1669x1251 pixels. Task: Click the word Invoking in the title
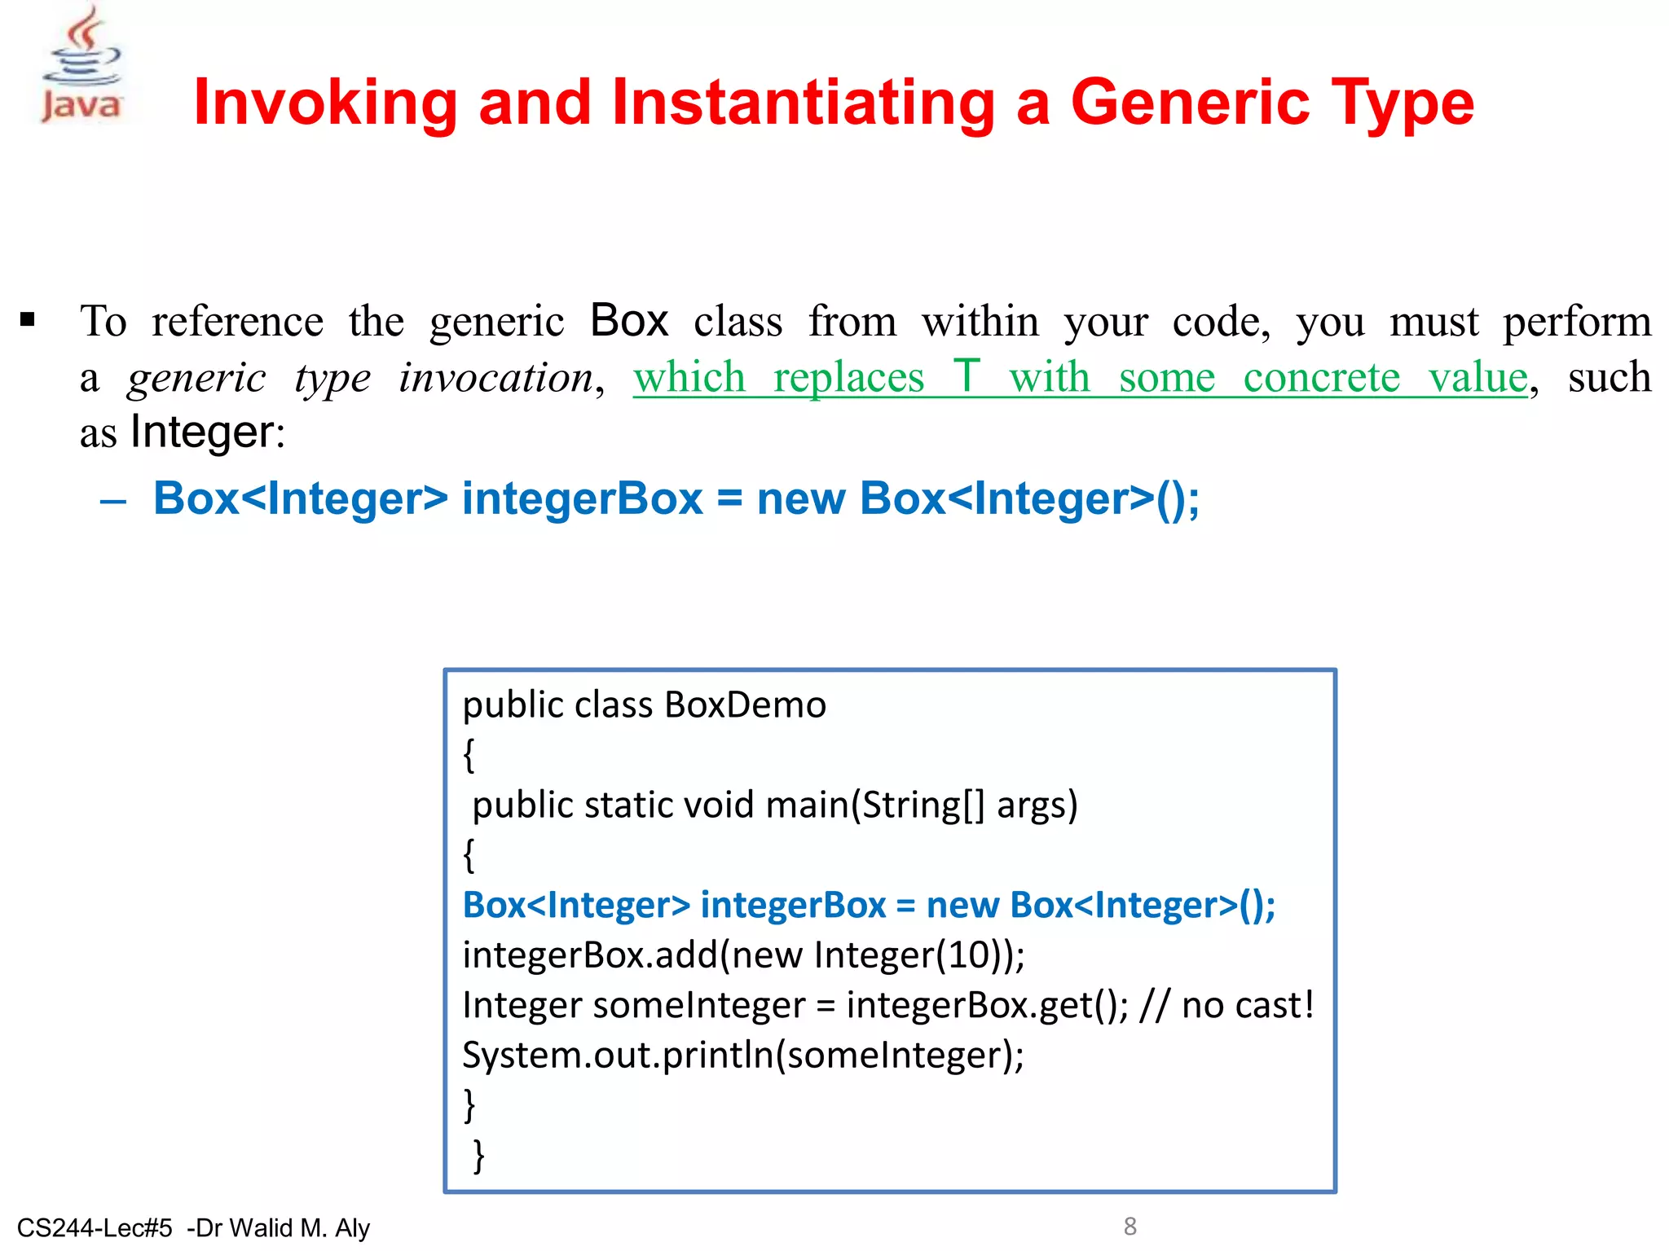[325, 103]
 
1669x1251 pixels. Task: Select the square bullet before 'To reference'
[29, 319]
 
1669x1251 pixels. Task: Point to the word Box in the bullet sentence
[628, 320]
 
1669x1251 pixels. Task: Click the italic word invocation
[495, 378]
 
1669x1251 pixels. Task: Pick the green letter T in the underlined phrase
[967, 376]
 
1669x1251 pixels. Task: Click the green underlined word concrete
[1321, 377]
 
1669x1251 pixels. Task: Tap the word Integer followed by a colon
[203, 432]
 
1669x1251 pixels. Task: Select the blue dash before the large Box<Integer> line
[113, 500]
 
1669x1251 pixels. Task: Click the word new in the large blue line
[800, 498]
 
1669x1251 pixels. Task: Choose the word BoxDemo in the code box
[745, 705]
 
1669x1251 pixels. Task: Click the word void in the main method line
[718, 805]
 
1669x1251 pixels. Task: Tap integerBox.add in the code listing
[590, 955]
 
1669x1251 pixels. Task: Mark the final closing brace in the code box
[478, 1155]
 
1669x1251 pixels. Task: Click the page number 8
[1130, 1226]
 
